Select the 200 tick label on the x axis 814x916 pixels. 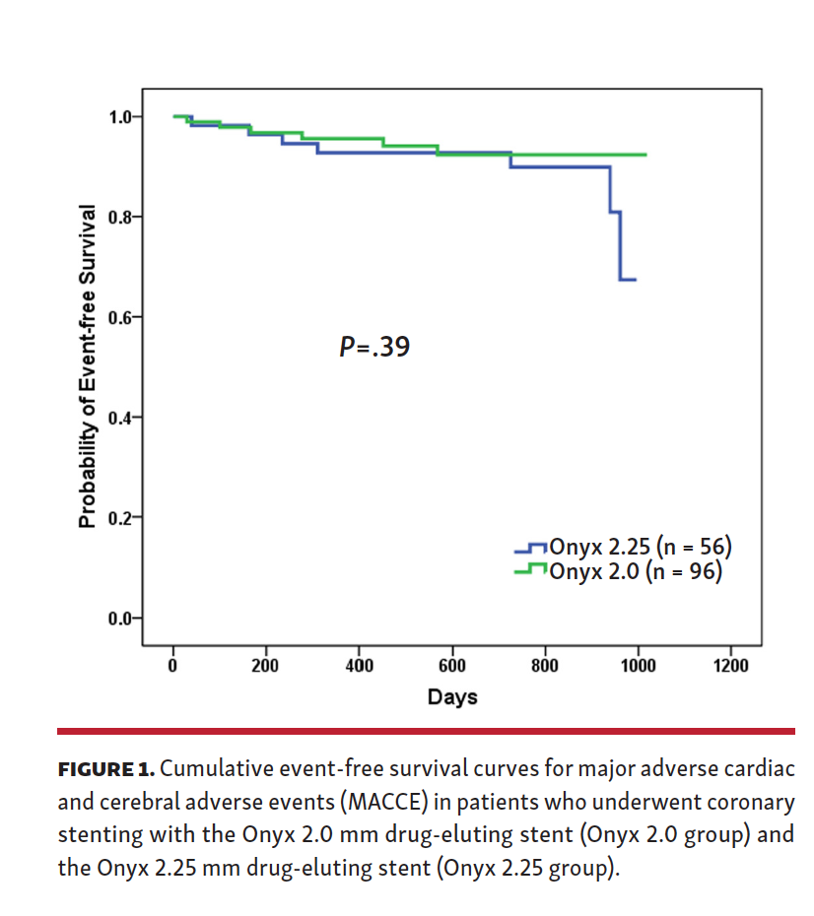[x=265, y=666]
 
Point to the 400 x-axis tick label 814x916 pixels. [x=359, y=666]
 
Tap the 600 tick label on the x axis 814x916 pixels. [x=452, y=666]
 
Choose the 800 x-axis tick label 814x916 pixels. [x=545, y=666]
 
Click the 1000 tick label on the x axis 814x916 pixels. [x=639, y=666]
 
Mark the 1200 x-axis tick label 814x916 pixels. [x=731, y=666]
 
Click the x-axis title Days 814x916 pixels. [x=452, y=697]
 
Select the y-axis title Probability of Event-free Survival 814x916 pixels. [x=88, y=366]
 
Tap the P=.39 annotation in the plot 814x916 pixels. [x=373, y=347]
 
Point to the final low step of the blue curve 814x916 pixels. [x=628, y=280]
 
